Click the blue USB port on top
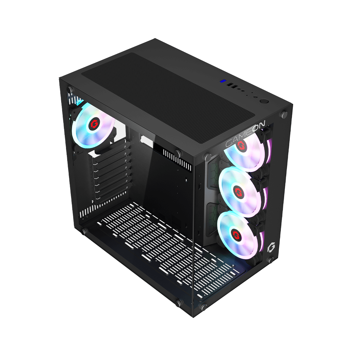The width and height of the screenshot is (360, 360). coord(223,81)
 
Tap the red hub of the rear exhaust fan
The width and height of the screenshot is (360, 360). coord(93,124)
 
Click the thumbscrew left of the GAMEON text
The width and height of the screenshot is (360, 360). coord(207,157)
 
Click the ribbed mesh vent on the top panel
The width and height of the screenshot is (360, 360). coord(168,96)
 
